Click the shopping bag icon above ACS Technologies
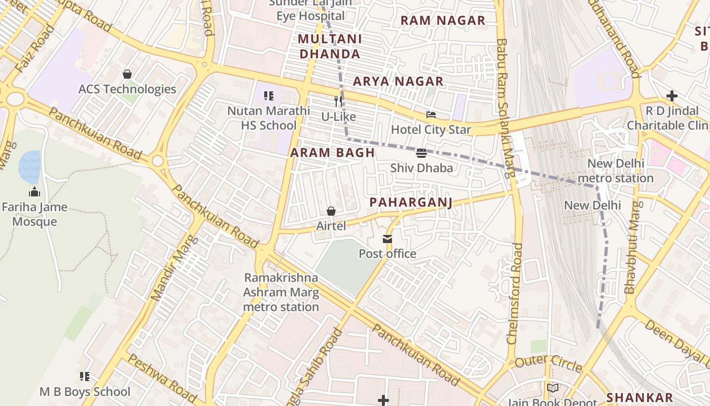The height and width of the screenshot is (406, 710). pos(127,75)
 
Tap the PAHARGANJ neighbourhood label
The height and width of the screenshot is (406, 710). pos(410,202)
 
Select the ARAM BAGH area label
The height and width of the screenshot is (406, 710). pos(333,153)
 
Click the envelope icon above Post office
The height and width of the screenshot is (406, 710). pos(387,239)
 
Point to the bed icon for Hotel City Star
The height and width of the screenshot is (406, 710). pos(431,115)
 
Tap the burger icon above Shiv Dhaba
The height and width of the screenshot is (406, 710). pos(421,153)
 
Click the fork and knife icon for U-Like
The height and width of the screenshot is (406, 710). pos(338,101)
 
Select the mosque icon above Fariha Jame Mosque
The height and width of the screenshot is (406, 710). pos(34,192)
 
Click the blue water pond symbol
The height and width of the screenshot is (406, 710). pos(30,167)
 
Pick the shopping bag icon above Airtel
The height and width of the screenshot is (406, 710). pos(331,211)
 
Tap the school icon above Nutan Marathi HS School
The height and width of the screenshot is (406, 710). pos(269,95)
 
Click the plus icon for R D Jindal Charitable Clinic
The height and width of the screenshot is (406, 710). pos(672,96)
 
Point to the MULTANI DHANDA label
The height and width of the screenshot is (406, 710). pos(330,46)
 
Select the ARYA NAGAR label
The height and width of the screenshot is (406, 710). pos(398,81)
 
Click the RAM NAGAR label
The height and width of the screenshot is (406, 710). pos(443,20)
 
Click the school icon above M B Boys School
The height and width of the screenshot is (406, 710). pos(85,377)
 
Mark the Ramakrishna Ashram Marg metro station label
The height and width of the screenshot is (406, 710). pos(281,292)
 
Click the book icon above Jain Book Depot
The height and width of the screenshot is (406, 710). pos(552,388)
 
